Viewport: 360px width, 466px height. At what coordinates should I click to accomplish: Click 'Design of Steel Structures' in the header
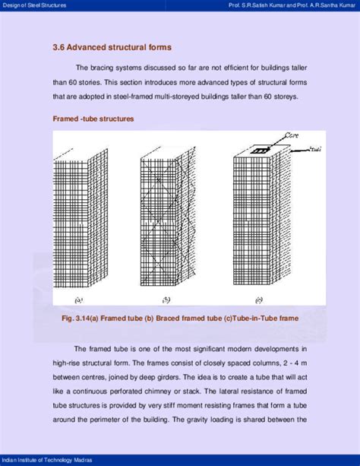pyautogui.click(x=33, y=5)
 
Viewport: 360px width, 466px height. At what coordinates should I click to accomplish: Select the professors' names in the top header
pyautogui.click(x=292, y=5)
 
